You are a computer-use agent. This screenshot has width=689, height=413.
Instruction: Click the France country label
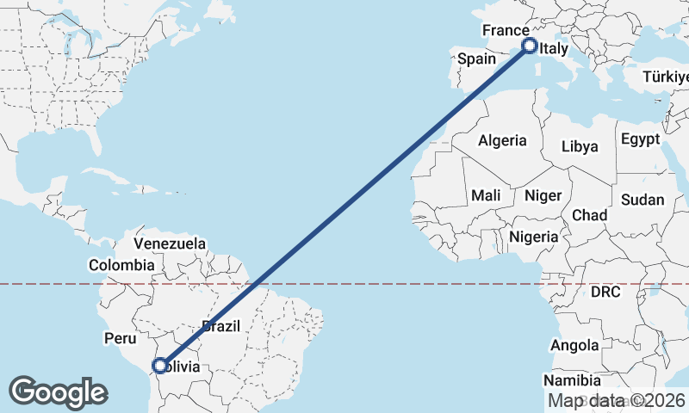[x=505, y=31]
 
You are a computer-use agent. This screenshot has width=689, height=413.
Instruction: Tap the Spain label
[x=476, y=59]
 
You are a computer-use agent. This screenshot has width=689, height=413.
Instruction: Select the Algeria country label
[x=502, y=140]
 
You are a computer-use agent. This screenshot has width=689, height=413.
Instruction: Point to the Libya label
[x=580, y=146]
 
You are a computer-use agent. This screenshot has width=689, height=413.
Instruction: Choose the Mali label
[x=486, y=196]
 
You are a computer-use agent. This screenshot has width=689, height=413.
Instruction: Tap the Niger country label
[x=543, y=196]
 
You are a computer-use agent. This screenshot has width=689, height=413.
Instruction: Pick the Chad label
[x=589, y=215]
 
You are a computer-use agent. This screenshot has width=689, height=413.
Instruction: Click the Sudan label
[x=642, y=200]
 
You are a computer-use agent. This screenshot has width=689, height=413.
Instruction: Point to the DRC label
[x=606, y=293]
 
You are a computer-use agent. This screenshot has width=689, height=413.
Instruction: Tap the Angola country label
[x=575, y=346]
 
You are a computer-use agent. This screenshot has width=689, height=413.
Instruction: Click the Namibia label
[x=573, y=380]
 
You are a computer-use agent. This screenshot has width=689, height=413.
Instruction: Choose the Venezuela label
[x=170, y=243]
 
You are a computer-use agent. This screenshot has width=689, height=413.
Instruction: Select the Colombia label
[x=121, y=265]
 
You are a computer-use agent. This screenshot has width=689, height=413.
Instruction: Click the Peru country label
[x=120, y=338]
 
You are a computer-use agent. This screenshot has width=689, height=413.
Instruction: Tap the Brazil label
[x=220, y=327]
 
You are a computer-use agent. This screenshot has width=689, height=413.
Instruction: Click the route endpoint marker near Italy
[x=529, y=46]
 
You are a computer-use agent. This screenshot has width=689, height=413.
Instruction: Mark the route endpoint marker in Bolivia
[x=159, y=366]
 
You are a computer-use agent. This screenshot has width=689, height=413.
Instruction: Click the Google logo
[x=58, y=392]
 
